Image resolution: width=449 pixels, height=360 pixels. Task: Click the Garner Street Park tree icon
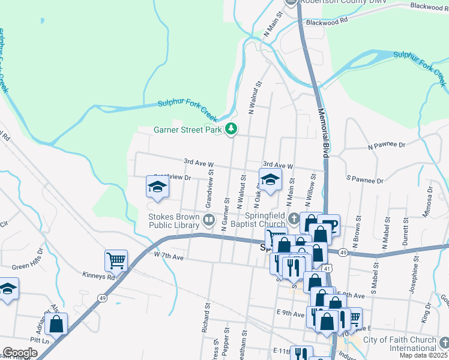click(x=231, y=129)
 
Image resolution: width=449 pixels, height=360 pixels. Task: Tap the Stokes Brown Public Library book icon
click(x=209, y=220)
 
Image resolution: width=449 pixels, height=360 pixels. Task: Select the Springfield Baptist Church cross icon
click(x=294, y=219)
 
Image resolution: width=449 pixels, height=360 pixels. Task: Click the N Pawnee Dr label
click(x=387, y=145)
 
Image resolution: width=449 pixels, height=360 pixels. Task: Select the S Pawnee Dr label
click(x=364, y=179)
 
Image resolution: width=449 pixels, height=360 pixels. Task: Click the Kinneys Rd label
click(x=98, y=277)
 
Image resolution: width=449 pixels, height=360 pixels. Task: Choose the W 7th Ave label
click(x=167, y=256)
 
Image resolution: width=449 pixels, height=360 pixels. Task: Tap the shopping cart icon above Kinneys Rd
click(x=116, y=260)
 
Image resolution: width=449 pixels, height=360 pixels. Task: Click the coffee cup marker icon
click(x=329, y=225)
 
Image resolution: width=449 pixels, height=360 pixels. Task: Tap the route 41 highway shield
click(x=327, y=269)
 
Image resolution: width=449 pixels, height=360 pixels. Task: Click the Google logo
click(x=20, y=353)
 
